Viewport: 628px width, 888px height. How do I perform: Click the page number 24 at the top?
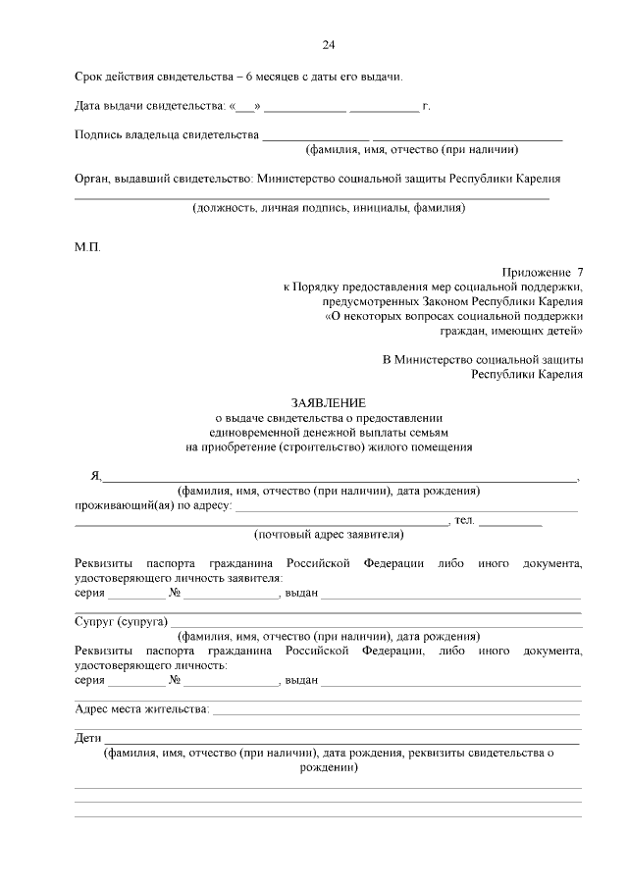(328, 45)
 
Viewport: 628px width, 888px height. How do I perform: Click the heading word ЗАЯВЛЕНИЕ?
(328, 402)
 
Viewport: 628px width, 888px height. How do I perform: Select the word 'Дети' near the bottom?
(88, 738)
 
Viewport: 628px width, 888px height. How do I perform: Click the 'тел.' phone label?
(464, 520)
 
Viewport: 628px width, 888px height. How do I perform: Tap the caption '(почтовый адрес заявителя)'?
(328, 535)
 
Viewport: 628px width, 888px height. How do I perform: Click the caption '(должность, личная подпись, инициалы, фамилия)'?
(328, 208)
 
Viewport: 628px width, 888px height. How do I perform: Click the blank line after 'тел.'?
(510, 522)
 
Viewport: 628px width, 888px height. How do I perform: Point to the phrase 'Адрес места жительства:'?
(142, 708)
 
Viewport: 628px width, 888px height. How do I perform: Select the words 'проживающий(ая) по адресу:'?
(153, 505)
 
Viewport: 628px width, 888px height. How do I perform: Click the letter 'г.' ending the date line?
(426, 105)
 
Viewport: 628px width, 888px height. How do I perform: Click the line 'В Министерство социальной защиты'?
(483, 359)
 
